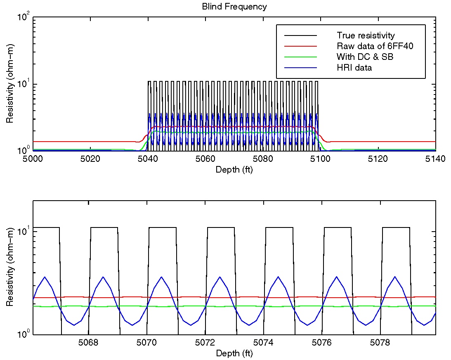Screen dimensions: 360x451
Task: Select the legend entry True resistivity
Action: click(x=366, y=36)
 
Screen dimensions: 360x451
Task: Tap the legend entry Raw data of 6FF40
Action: click(x=375, y=46)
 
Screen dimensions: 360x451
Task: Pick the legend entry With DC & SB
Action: click(x=365, y=57)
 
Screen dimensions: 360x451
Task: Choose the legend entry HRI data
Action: click(x=354, y=67)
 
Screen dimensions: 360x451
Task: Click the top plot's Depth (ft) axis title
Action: click(x=234, y=169)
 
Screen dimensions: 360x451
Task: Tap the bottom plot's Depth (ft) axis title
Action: click(x=234, y=353)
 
